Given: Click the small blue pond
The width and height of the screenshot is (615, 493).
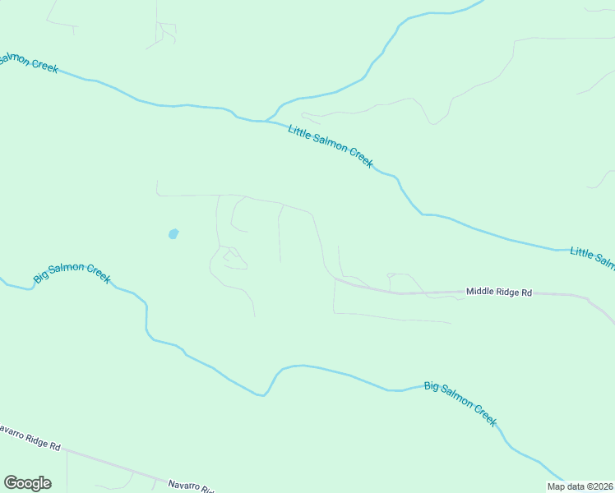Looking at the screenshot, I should click(173, 234).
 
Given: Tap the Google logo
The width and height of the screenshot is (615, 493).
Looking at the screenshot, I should click(27, 483).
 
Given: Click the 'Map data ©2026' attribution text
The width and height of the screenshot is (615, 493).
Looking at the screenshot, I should click(580, 486).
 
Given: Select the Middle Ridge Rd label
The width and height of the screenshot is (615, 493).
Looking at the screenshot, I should click(499, 292).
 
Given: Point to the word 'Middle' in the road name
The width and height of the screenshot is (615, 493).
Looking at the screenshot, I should click(480, 292).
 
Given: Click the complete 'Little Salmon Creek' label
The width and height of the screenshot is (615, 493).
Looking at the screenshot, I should click(331, 145).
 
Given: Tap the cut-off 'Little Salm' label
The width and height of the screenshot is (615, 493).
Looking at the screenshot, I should click(593, 257).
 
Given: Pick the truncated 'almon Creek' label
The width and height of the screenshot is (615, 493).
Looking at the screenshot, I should click(29, 62).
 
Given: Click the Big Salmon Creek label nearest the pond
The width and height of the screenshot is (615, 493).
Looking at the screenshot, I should click(72, 274).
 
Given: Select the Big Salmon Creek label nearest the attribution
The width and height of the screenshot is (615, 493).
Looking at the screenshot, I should click(460, 403).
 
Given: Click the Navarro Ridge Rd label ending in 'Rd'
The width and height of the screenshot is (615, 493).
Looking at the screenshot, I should click(30, 438).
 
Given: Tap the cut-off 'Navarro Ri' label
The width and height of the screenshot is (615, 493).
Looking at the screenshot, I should click(192, 486).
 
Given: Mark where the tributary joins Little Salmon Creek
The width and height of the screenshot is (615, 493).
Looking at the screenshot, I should click(266, 121).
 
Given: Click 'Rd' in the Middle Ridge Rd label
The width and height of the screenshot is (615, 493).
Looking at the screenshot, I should click(526, 292).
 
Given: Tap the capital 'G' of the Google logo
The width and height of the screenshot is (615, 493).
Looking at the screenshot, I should click(11, 482).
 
